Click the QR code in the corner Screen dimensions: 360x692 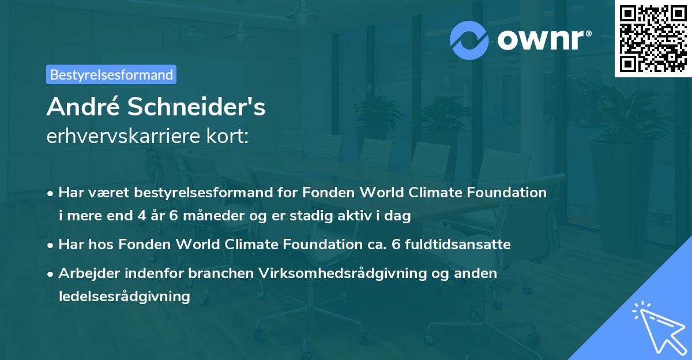653,38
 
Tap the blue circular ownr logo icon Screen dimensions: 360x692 470,40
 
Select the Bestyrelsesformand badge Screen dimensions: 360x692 111,74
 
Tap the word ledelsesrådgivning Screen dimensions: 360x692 124,297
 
